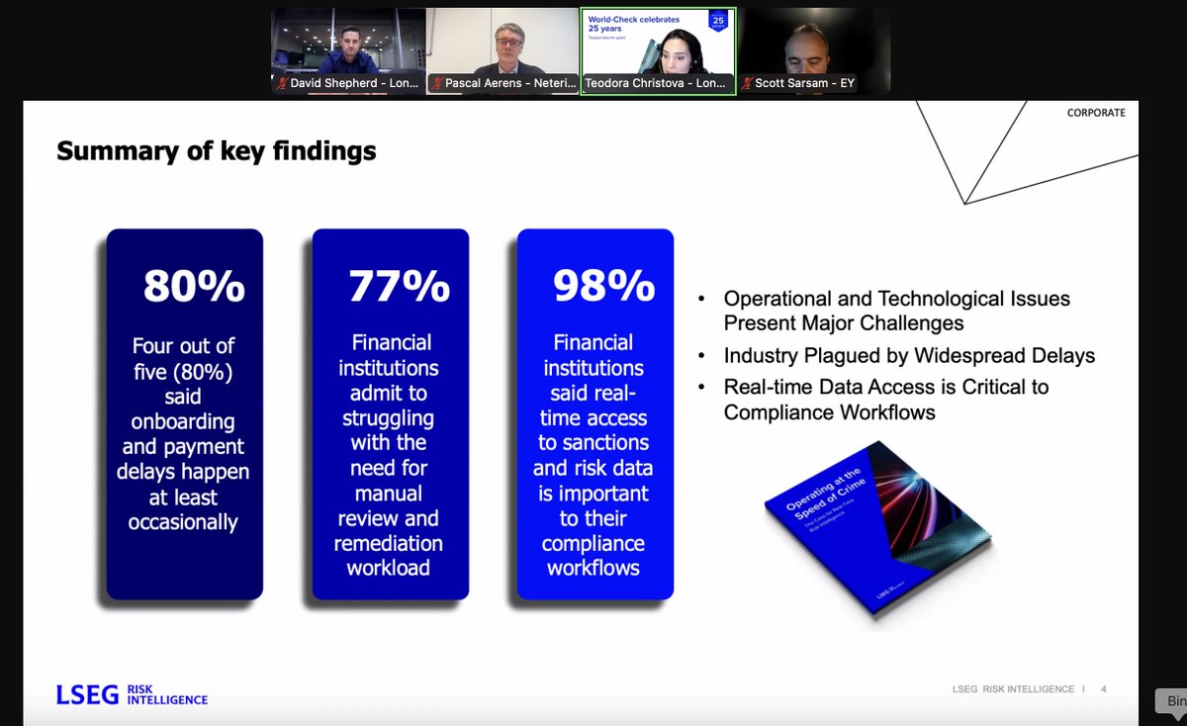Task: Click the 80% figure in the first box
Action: pos(194,286)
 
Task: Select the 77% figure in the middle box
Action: pos(399,286)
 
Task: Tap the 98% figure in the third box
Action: pos(603,286)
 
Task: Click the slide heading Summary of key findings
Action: pos(217,151)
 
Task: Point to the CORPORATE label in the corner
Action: pos(1096,113)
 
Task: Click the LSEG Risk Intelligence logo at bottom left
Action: pos(132,693)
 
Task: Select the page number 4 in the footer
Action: pos(1103,689)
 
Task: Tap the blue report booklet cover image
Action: pos(878,540)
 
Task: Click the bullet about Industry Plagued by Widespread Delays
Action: pos(909,355)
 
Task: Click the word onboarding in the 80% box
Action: pos(184,421)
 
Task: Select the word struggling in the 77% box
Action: pos(389,417)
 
